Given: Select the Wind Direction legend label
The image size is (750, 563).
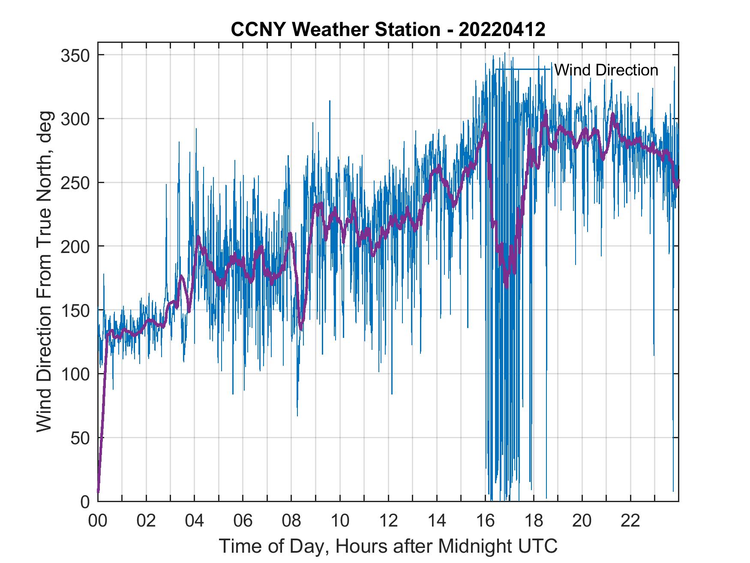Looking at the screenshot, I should pos(606,70).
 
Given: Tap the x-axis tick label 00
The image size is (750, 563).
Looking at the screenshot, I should pos(98,521).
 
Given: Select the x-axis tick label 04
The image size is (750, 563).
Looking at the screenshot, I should pos(195,521).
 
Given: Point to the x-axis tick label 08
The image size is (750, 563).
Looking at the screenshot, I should pos(291,521).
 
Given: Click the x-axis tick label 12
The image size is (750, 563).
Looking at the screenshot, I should pos(388,521).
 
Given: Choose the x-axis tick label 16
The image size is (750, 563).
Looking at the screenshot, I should pos(485,521).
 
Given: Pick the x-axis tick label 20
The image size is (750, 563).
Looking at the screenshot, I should pos(582,521).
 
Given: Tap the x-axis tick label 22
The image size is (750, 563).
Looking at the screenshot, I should pos(630,521).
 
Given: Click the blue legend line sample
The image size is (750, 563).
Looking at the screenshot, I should pos(523,69).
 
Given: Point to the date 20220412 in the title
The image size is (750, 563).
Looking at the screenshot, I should pos(502,29).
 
